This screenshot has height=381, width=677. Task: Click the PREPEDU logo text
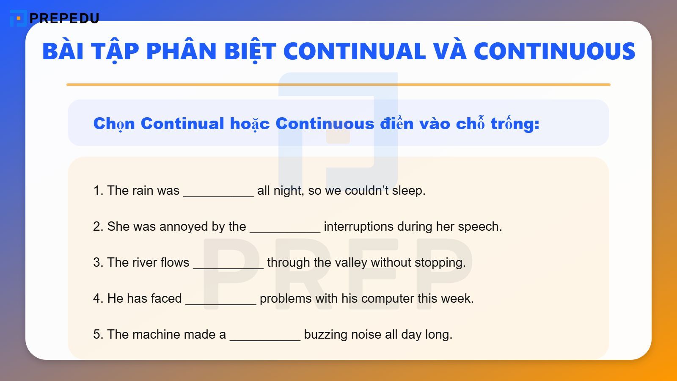click(64, 18)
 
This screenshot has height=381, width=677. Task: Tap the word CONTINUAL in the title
click(354, 52)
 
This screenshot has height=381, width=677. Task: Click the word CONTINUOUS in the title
click(554, 52)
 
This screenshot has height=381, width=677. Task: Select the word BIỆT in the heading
click(250, 52)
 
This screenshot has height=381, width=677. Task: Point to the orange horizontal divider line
click(338, 85)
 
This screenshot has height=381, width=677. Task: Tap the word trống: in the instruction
click(515, 124)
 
